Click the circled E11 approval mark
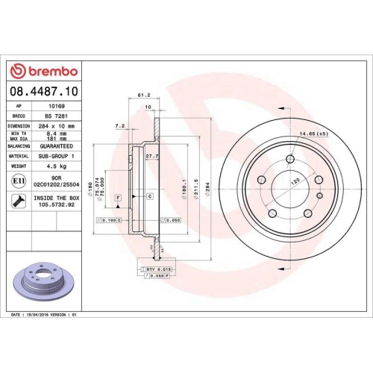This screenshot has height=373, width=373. (19, 181)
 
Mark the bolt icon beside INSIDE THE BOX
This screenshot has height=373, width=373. (18, 201)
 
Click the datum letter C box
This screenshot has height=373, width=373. (150, 195)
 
